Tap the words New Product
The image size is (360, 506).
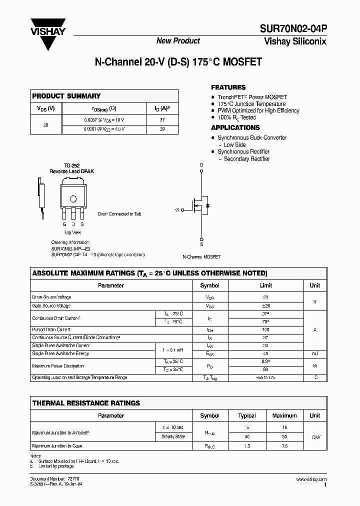coord(178,41)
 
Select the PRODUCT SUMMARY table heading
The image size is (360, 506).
coord(66,96)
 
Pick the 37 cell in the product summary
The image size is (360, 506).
coord(162,120)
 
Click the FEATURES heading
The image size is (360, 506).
coord(228,87)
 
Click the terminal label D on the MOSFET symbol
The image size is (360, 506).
coord(201,164)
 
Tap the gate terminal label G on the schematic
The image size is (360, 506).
coord(177,210)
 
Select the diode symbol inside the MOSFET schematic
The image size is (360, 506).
coord(207,205)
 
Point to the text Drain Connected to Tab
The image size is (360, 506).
coord(119,214)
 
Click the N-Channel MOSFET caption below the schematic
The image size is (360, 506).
coord(201,256)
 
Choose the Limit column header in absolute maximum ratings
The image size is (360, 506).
coord(265,285)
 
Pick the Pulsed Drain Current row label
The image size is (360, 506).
coord(51,330)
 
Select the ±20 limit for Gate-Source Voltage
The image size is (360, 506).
coord(265,305)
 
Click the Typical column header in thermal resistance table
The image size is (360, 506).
coord(247,415)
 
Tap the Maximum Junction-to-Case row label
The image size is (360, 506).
coord(57,445)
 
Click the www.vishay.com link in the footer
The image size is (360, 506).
coord(310,479)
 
